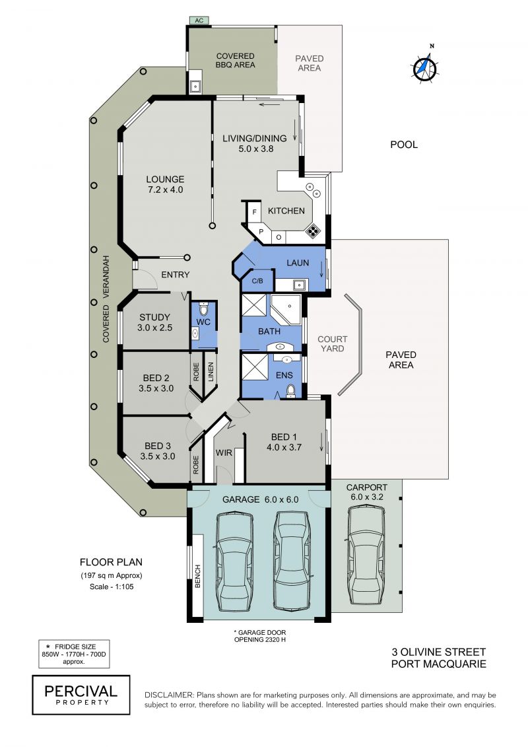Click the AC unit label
(x=199, y=20)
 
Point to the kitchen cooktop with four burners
(x=313, y=231)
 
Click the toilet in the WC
(x=204, y=310)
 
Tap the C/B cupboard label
(x=257, y=281)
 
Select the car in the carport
(x=366, y=555)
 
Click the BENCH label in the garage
(x=198, y=577)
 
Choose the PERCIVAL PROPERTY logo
(x=81, y=695)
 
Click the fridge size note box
(x=74, y=654)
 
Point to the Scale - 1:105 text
(x=112, y=587)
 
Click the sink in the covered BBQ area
(x=195, y=87)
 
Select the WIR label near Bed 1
(x=224, y=452)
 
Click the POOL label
(x=404, y=145)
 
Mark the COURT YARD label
(x=333, y=343)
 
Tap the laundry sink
(x=300, y=285)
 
